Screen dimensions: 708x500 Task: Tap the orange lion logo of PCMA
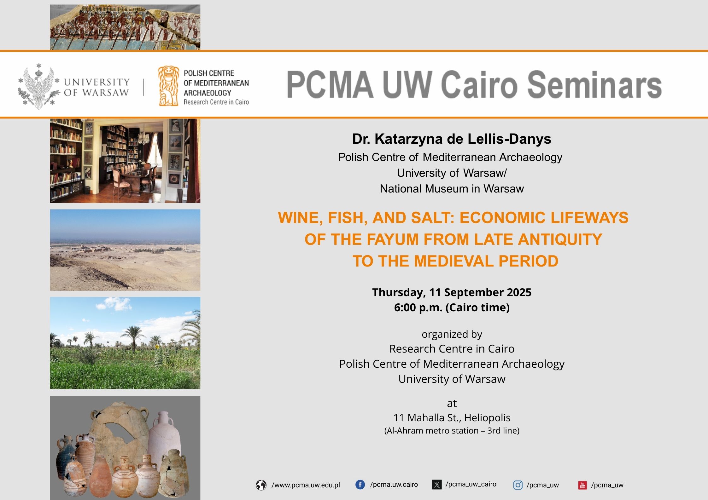pos(168,86)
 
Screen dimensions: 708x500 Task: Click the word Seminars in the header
pos(594,84)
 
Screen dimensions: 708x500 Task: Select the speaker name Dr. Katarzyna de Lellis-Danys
pos(452,139)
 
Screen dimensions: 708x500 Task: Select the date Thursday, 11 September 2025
pos(452,293)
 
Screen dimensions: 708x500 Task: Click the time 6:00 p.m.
pos(418,307)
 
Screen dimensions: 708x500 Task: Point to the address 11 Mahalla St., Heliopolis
pos(452,418)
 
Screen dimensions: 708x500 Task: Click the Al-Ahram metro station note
pos(452,431)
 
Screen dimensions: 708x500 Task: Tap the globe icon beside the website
pos(261,485)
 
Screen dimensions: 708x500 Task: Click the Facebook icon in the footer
pos(360,485)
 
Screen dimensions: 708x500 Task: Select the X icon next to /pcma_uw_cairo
pos(437,485)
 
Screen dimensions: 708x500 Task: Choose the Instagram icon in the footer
pos(518,485)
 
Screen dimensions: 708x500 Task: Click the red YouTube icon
pos(582,485)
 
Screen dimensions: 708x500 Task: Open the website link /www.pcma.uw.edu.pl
pos(306,485)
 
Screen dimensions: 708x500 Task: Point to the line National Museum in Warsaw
pos(452,189)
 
